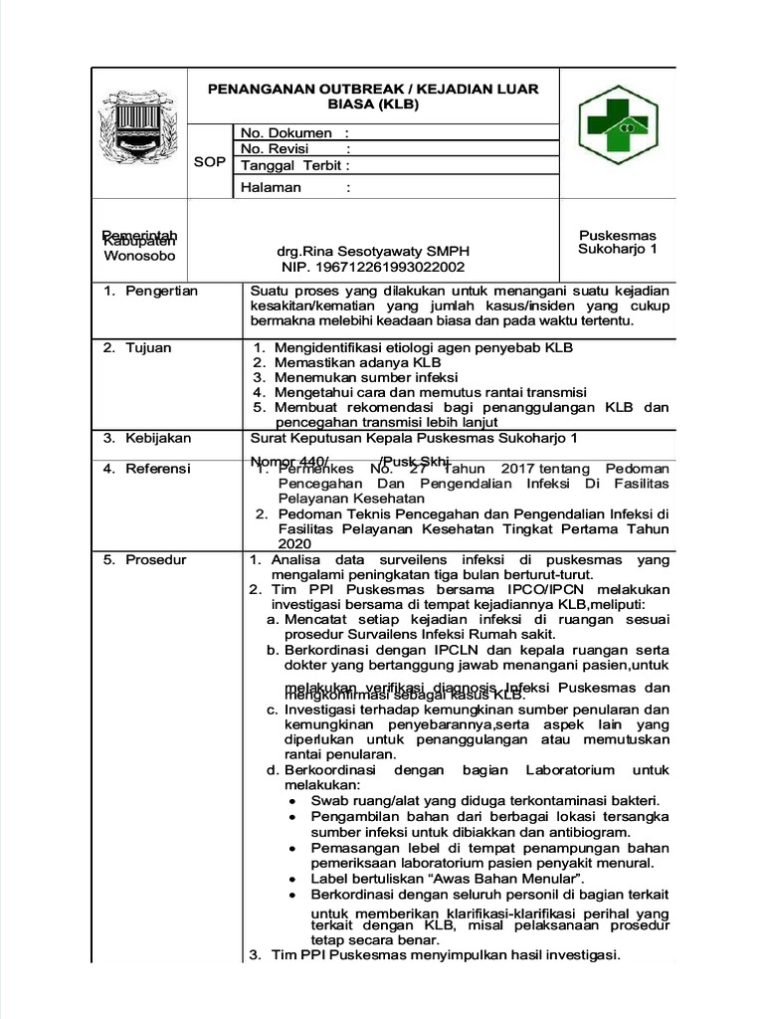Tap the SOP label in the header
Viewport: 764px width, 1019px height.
(x=209, y=161)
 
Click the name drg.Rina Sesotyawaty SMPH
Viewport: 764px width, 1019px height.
(x=373, y=252)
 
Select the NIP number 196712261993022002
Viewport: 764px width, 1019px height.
(x=373, y=267)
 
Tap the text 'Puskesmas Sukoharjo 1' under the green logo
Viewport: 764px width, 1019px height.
(x=618, y=241)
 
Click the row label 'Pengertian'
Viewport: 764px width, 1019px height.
(x=161, y=291)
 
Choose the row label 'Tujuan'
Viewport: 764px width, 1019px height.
(x=148, y=347)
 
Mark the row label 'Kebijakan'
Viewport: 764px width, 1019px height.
(x=158, y=438)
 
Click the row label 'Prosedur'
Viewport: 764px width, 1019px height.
(x=155, y=560)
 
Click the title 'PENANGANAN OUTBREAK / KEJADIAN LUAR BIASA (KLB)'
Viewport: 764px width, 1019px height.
(x=373, y=97)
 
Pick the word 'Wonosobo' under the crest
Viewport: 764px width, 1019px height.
(x=139, y=256)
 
